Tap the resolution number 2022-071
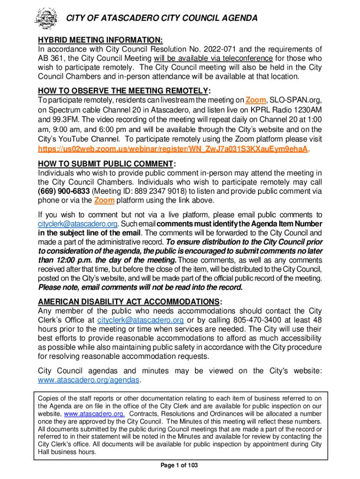click(x=251, y=49)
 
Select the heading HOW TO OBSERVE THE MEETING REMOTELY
click(x=124, y=90)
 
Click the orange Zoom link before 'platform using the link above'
click(x=104, y=201)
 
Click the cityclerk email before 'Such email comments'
click(x=78, y=224)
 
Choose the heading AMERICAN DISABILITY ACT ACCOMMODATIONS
click(x=128, y=301)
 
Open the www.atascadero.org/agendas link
click(x=88, y=380)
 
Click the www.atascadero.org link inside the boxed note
click(x=94, y=414)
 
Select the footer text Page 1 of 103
click(x=180, y=465)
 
